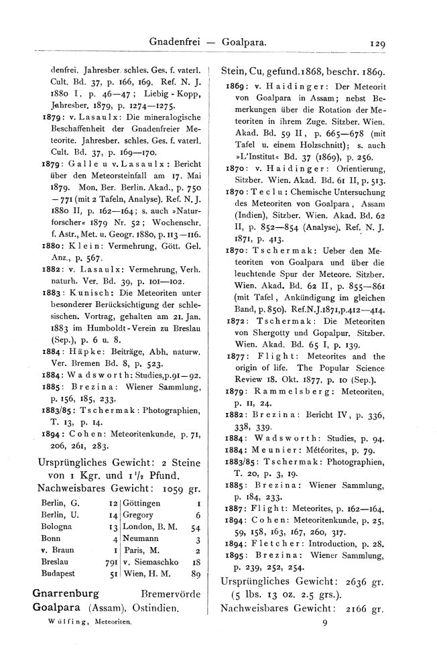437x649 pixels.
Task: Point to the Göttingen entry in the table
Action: (141, 483)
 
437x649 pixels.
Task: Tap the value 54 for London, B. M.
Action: (196, 508)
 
